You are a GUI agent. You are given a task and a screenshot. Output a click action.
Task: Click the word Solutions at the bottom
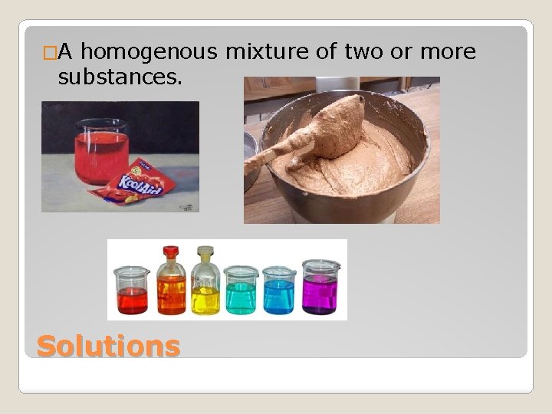(x=108, y=346)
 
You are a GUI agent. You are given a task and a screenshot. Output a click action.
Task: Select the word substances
(x=120, y=77)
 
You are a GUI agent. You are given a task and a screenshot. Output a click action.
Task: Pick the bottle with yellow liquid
(x=205, y=285)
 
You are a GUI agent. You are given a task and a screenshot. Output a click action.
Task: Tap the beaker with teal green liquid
(x=242, y=291)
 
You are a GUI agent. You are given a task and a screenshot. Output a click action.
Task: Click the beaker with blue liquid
(x=278, y=291)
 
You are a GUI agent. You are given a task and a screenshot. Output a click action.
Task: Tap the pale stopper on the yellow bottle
(x=205, y=251)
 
